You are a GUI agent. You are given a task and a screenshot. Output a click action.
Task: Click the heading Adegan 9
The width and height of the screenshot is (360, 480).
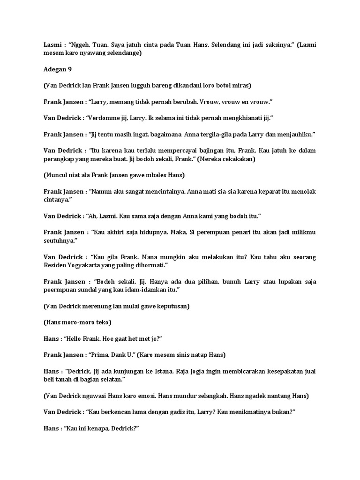pyautogui.click(x=58, y=69)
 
